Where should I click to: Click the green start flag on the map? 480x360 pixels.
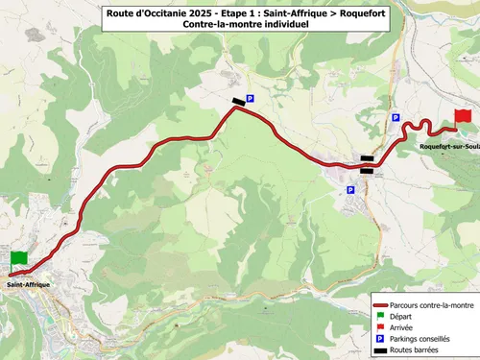tap(19, 259)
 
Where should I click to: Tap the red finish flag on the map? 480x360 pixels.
tap(463, 116)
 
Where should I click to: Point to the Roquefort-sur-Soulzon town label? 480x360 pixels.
tap(448, 146)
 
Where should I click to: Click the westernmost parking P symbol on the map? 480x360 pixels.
tap(251, 98)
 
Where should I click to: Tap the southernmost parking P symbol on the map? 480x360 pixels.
tap(350, 190)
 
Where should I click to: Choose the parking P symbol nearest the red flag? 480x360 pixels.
tap(395, 117)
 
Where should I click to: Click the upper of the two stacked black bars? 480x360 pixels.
tap(368, 159)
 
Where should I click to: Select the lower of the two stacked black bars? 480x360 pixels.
tap(368, 171)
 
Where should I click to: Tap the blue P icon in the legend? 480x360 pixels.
tap(381, 339)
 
